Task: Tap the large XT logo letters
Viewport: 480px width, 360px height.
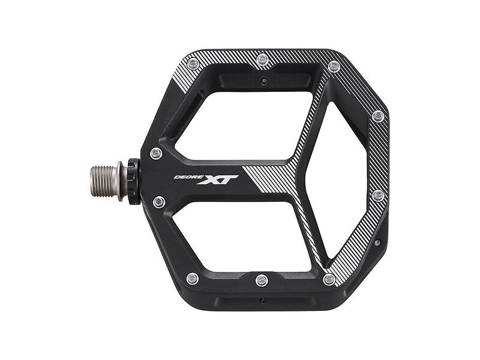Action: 217,179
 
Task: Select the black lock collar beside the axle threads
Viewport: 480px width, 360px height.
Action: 134,181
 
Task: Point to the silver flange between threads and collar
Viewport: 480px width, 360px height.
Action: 122,181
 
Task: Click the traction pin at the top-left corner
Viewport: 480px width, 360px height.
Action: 193,64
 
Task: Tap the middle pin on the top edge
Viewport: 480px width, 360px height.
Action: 263,59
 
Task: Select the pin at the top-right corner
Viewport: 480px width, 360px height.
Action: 334,67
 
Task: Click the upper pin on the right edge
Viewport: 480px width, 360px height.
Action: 379,116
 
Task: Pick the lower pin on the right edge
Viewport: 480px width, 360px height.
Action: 379,195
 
